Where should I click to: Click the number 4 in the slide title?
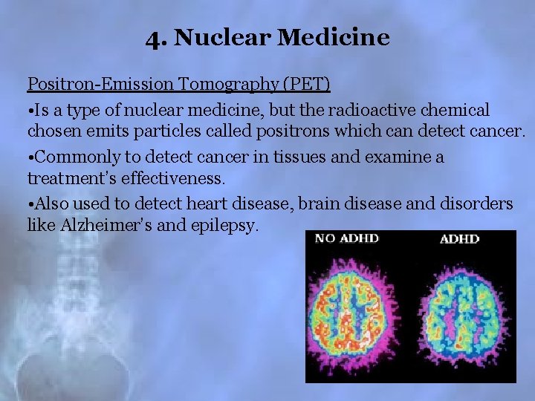pyautogui.click(x=154, y=37)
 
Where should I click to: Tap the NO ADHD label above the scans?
pyautogui.click(x=346, y=238)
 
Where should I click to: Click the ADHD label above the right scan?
pyautogui.click(x=459, y=238)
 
